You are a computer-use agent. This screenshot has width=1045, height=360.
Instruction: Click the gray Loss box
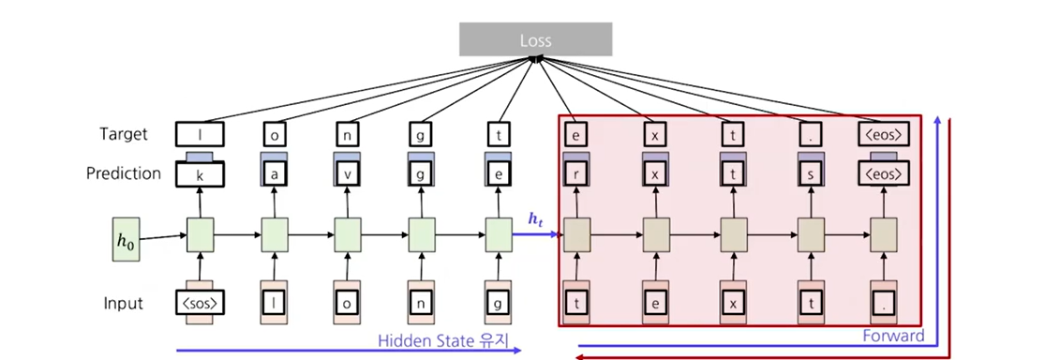[x=536, y=39]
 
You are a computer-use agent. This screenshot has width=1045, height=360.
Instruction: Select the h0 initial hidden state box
[x=126, y=239]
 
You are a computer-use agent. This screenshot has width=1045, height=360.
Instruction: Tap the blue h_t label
[x=536, y=219]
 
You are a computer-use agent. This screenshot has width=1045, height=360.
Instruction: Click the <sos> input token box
[x=200, y=304]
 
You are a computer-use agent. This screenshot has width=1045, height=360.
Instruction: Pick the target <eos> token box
[x=884, y=135]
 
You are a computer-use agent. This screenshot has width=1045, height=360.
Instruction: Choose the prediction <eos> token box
[x=884, y=174]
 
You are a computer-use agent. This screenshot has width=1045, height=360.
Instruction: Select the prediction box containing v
[x=347, y=174]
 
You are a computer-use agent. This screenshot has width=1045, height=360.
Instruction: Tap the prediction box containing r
[x=575, y=174]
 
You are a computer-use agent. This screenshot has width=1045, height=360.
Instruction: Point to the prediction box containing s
[x=810, y=174]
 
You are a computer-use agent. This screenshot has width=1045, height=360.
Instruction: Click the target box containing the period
[x=810, y=135]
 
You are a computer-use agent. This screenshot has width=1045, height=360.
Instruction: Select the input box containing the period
[x=884, y=304]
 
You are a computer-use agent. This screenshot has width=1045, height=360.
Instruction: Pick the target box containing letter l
[x=200, y=135]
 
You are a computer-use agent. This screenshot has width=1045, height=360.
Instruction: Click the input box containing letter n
[x=421, y=304]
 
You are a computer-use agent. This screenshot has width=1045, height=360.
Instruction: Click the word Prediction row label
[x=124, y=174]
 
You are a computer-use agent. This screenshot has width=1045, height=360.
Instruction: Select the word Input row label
[x=124, y=304]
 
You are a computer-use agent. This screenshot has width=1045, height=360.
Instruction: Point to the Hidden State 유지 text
[x=443, y=340]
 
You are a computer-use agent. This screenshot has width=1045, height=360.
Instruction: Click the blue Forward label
[x=894, y=336]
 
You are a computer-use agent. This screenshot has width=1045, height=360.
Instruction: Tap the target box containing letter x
[x=654, y=135]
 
